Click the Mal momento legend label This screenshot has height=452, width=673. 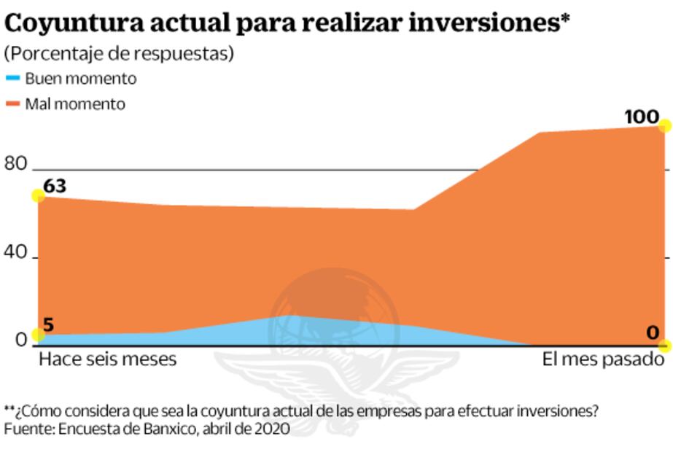(75, 104)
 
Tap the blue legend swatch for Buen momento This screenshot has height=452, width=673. (12, 78)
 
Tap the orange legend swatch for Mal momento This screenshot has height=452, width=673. (12, 104)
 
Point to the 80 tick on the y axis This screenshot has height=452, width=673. (15, 164)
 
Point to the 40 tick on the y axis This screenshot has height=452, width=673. (15, 253)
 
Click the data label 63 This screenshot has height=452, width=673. (55, 187)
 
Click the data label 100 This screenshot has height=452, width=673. (642, 117)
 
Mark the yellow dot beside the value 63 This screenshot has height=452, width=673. (37, 195)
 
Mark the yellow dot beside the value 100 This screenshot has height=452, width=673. (664, 125)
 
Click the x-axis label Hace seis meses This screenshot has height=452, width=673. (107, 360)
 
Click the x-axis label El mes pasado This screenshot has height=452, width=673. (603, 360)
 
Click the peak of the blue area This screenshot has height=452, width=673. (291, 316)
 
